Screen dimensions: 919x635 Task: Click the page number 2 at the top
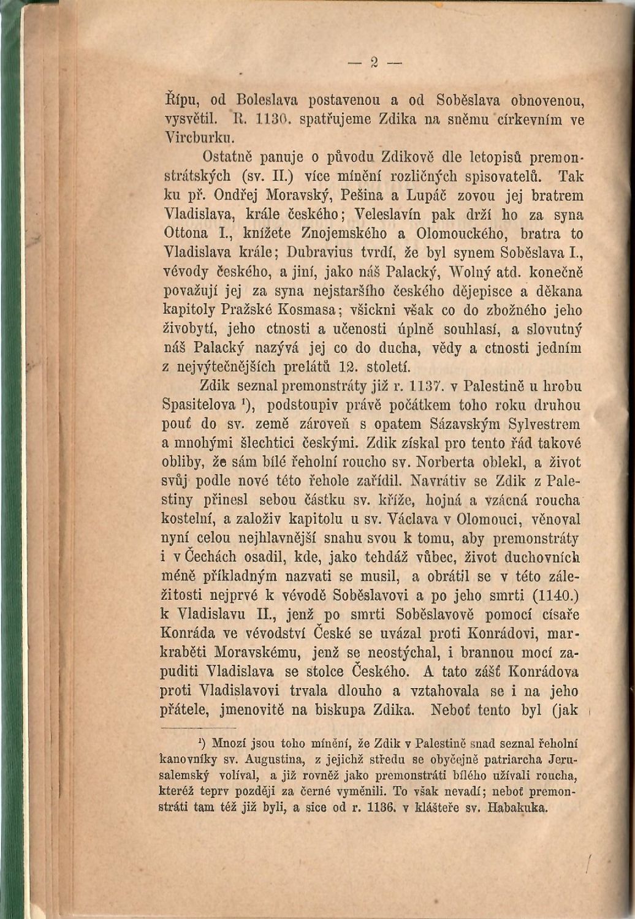(x=373, y=62)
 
